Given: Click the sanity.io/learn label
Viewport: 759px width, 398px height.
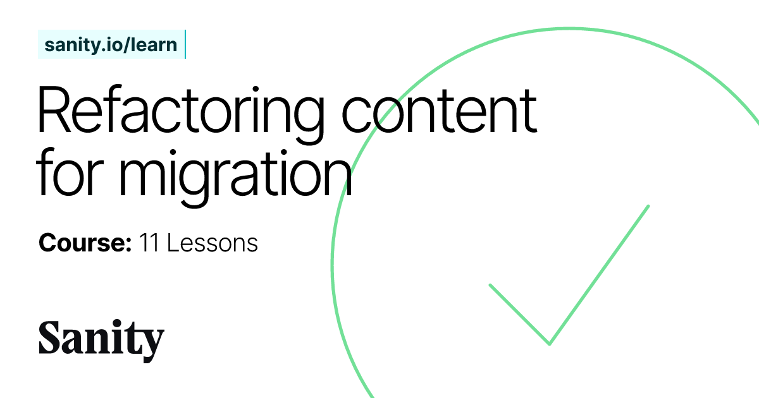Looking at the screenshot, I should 111,45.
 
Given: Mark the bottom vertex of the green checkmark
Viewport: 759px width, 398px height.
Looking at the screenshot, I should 549,344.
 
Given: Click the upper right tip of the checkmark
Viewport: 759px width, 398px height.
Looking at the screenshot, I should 648,206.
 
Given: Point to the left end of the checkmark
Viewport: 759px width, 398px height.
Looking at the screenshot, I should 491,285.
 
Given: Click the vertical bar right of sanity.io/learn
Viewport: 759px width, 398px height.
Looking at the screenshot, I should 185,44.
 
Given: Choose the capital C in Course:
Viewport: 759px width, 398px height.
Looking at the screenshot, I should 48,243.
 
